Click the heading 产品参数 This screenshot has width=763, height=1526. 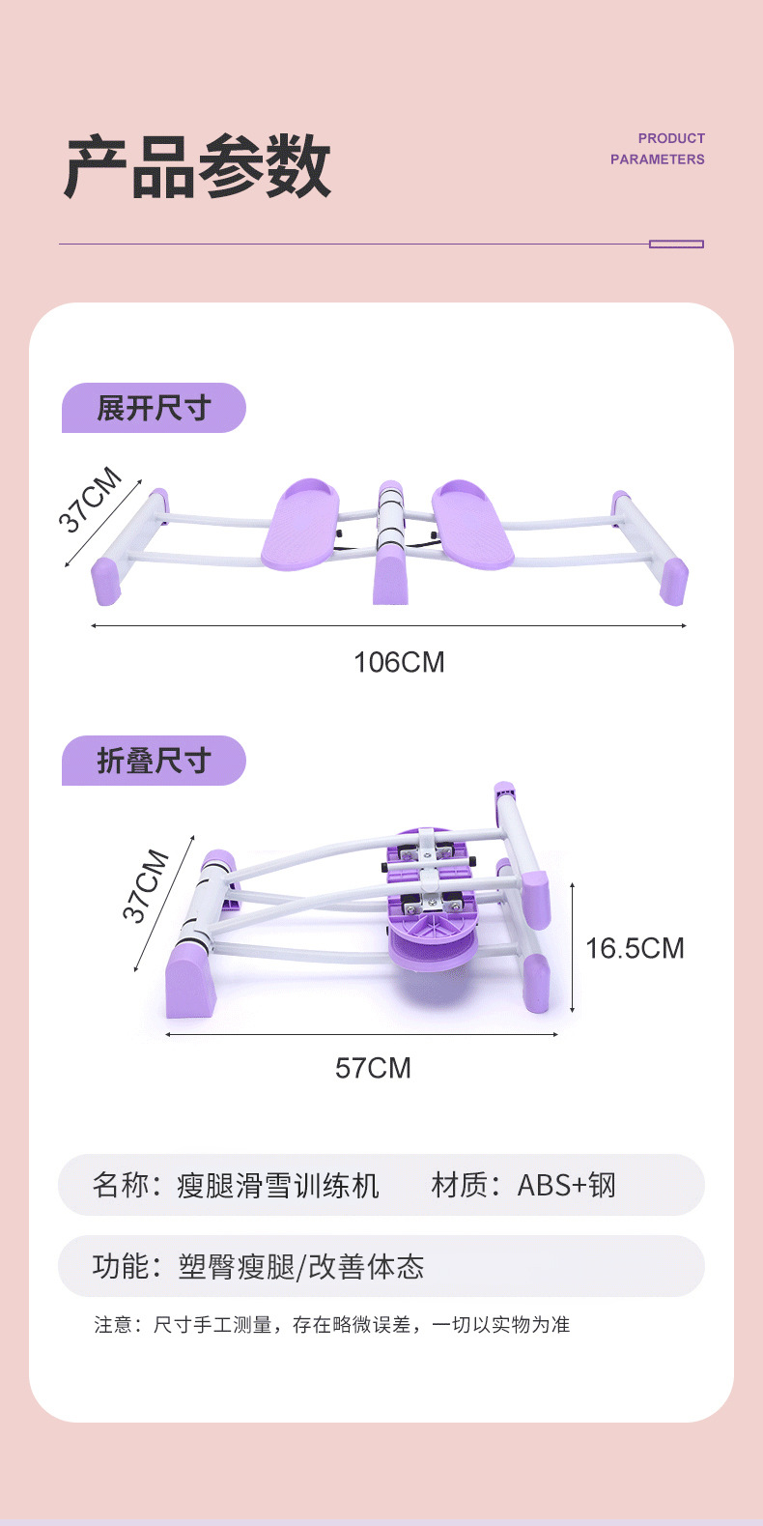coord(197,166)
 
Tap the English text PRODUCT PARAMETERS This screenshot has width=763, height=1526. coord(658,149)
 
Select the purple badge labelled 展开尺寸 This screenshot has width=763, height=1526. coord(154,408)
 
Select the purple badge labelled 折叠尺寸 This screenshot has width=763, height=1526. coord(154,761)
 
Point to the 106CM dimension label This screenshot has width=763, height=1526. coord(399,662)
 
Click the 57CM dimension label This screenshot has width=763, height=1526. coord(373,1068)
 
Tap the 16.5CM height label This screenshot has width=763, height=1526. coord(636,948)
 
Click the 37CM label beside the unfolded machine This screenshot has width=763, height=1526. coord(90,500)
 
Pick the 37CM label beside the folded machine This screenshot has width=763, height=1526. coord(145,885)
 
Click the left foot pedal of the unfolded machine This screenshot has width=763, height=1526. coord(300,523)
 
